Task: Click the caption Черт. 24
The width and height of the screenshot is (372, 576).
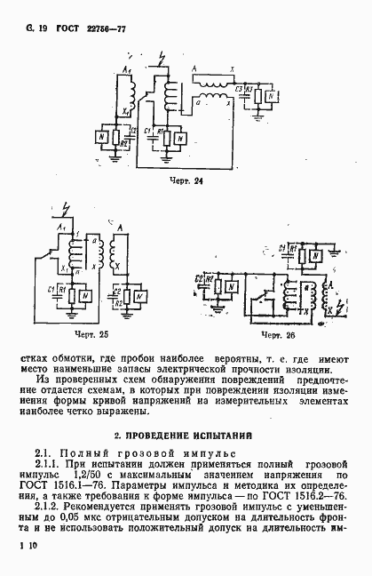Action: click(x=186, y=181)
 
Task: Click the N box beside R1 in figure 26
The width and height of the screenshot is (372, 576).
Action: click(x=314, y=255)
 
